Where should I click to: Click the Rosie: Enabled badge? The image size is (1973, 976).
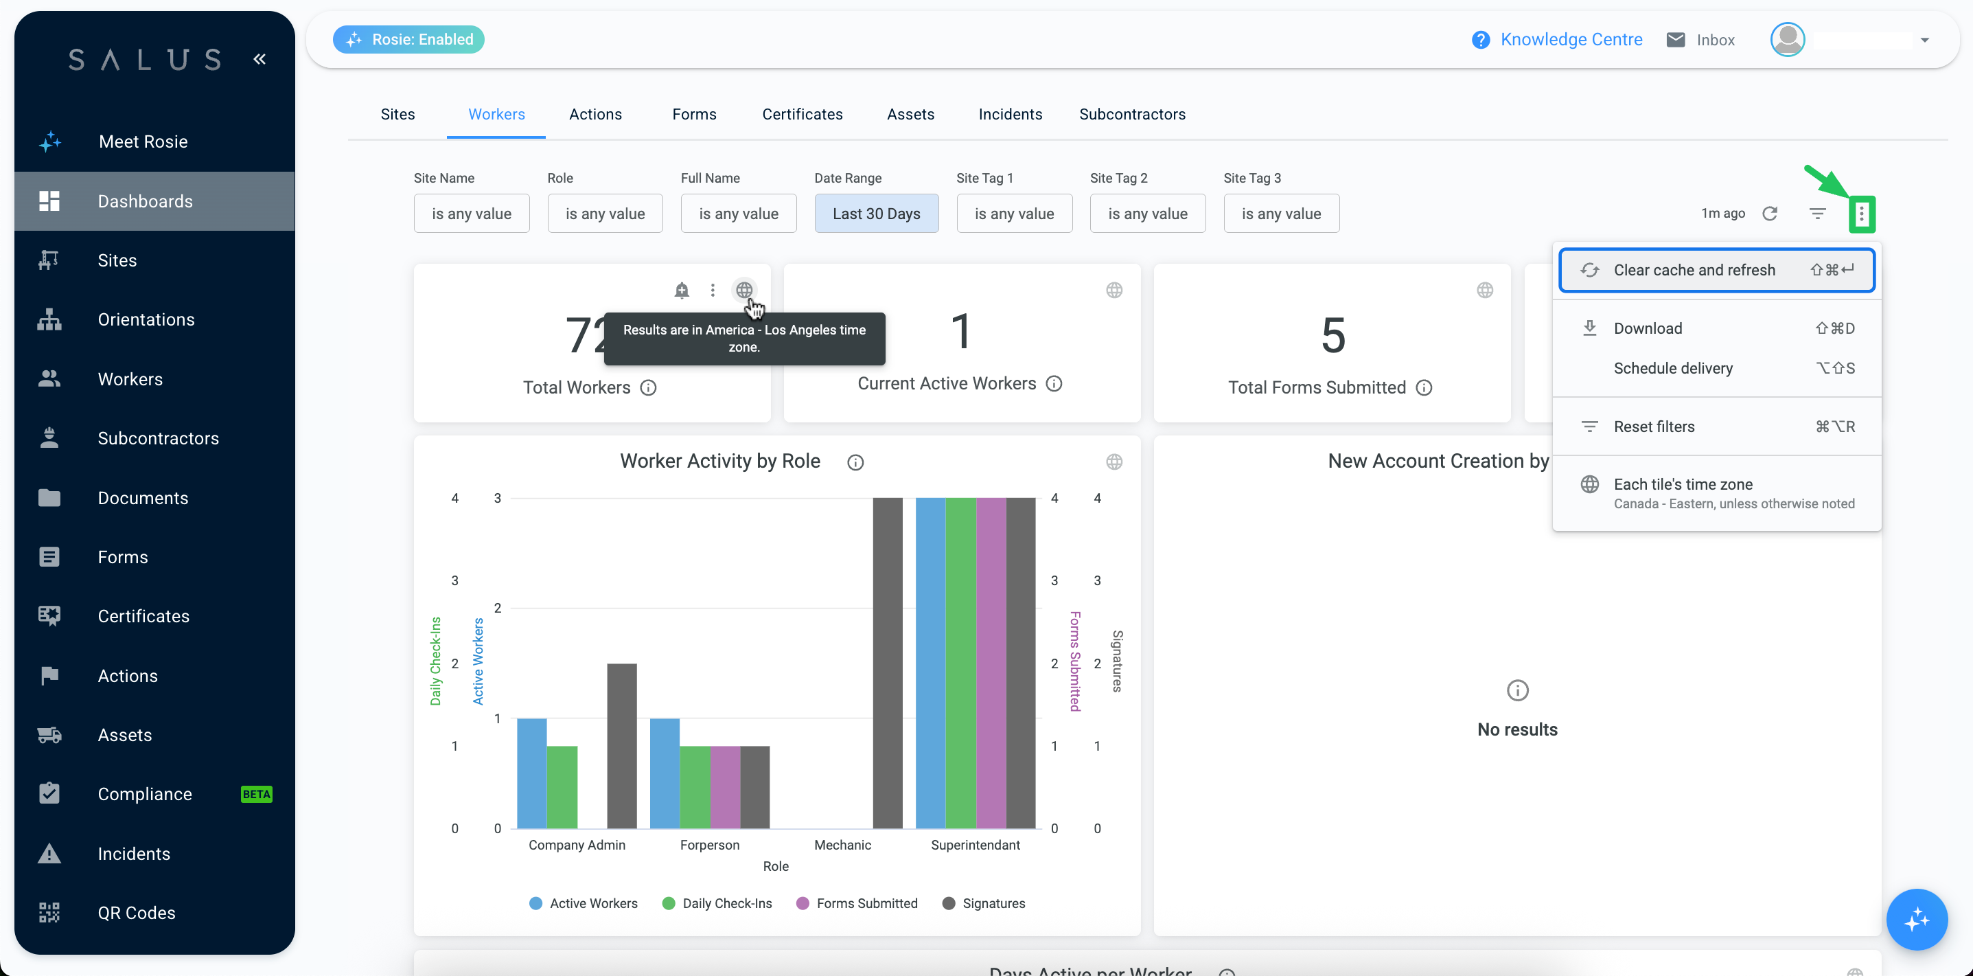click(408, 39)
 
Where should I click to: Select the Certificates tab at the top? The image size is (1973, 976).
click(802, 114)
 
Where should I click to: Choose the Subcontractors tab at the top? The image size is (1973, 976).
click(1132, 114)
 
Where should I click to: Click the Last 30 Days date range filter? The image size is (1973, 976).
click(876, 214)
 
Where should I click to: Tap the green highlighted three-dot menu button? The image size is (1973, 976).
click(1861, 214)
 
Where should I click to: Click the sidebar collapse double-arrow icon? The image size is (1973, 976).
click(259, 59)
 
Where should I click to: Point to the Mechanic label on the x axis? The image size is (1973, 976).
click(842, 845)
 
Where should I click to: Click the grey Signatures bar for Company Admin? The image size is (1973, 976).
click(622, 746)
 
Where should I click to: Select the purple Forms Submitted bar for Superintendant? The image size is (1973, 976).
click(991, 663)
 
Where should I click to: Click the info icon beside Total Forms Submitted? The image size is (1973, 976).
click(1424, 387)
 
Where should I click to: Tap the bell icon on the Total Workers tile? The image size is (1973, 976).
click(682, 291)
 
